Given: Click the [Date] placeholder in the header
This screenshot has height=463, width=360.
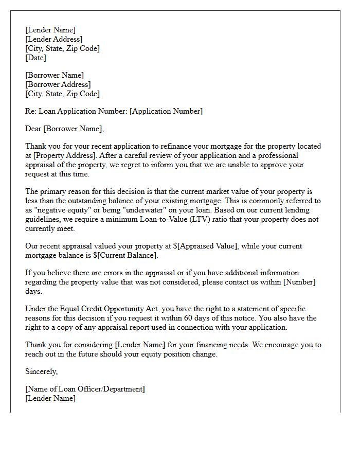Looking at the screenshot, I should [35, 58].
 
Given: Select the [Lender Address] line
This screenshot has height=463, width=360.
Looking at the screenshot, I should [53, 39].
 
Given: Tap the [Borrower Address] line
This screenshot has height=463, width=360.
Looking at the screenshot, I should [58, 84].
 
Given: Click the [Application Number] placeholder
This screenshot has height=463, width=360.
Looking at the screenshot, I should [166, 111].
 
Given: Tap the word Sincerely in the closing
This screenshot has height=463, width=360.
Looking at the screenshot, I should [41, 371].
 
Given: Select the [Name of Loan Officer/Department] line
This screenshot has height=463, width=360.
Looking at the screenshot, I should [85, 389].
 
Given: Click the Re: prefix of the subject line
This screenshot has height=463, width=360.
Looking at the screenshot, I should [31, 111].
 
